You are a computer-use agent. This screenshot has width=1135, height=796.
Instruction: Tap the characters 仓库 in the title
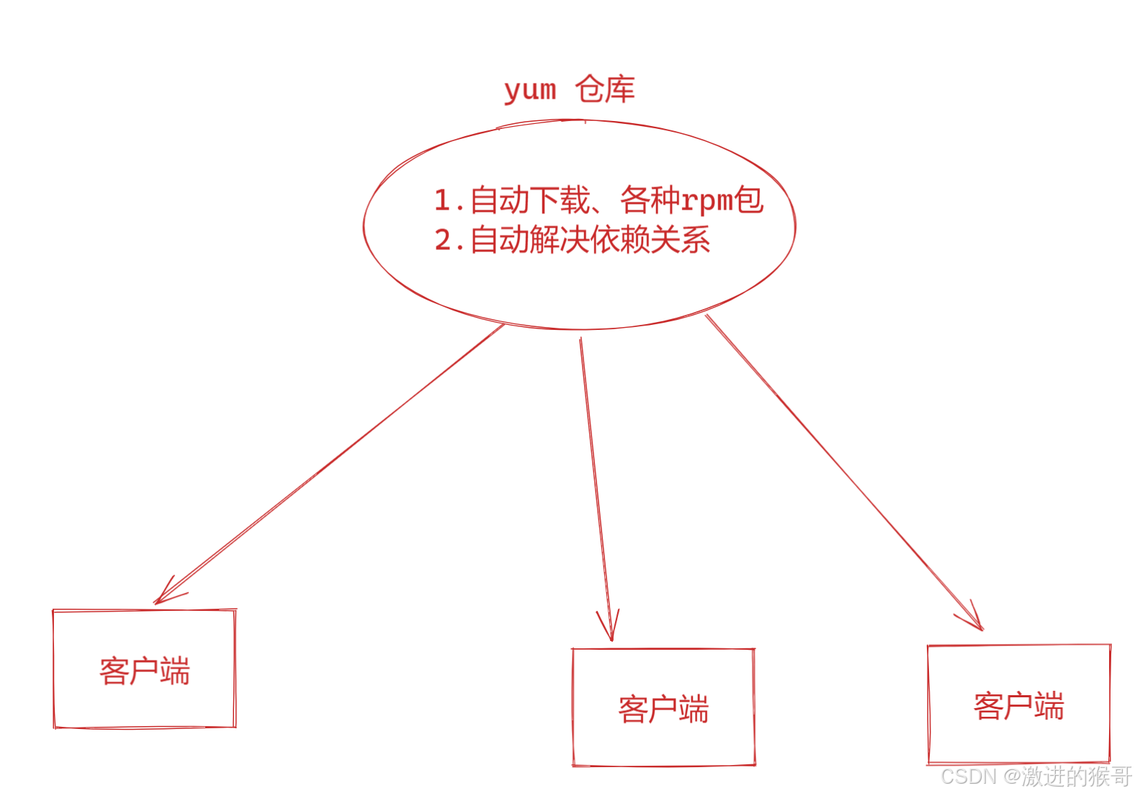pyautogui.click(x=605, y=90)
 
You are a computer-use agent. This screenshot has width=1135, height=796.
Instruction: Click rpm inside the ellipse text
pyautogui.click(x=707, y=200)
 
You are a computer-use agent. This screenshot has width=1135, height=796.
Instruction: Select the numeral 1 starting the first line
pyautogui.click(x=442, y=201)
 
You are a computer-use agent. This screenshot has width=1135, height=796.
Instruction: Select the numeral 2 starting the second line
pyautogui.click(x=443, y=241)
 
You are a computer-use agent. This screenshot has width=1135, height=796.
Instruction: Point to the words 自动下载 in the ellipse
pyautogui.click(x=530, y=200)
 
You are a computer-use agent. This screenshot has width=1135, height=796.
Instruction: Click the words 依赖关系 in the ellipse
pyautogui.click(x=650, y=240)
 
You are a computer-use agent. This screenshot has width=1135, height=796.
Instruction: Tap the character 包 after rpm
pyautogui.click(x=749, y=200)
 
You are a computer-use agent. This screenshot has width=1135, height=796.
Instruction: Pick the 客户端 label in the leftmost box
pyautogui.click(x=145, y=671)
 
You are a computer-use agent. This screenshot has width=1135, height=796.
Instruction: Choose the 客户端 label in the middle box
pyautogui.click(x=663, y=710)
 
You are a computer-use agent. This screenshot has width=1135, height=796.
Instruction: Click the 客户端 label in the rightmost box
pyautogui.click(x=1018, y=706)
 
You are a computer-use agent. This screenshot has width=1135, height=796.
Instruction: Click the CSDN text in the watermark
pyautogui.click(x=968, y=777)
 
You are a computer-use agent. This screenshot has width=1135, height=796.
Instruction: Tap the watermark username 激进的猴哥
pyautogui.click(x=1076, y=777)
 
